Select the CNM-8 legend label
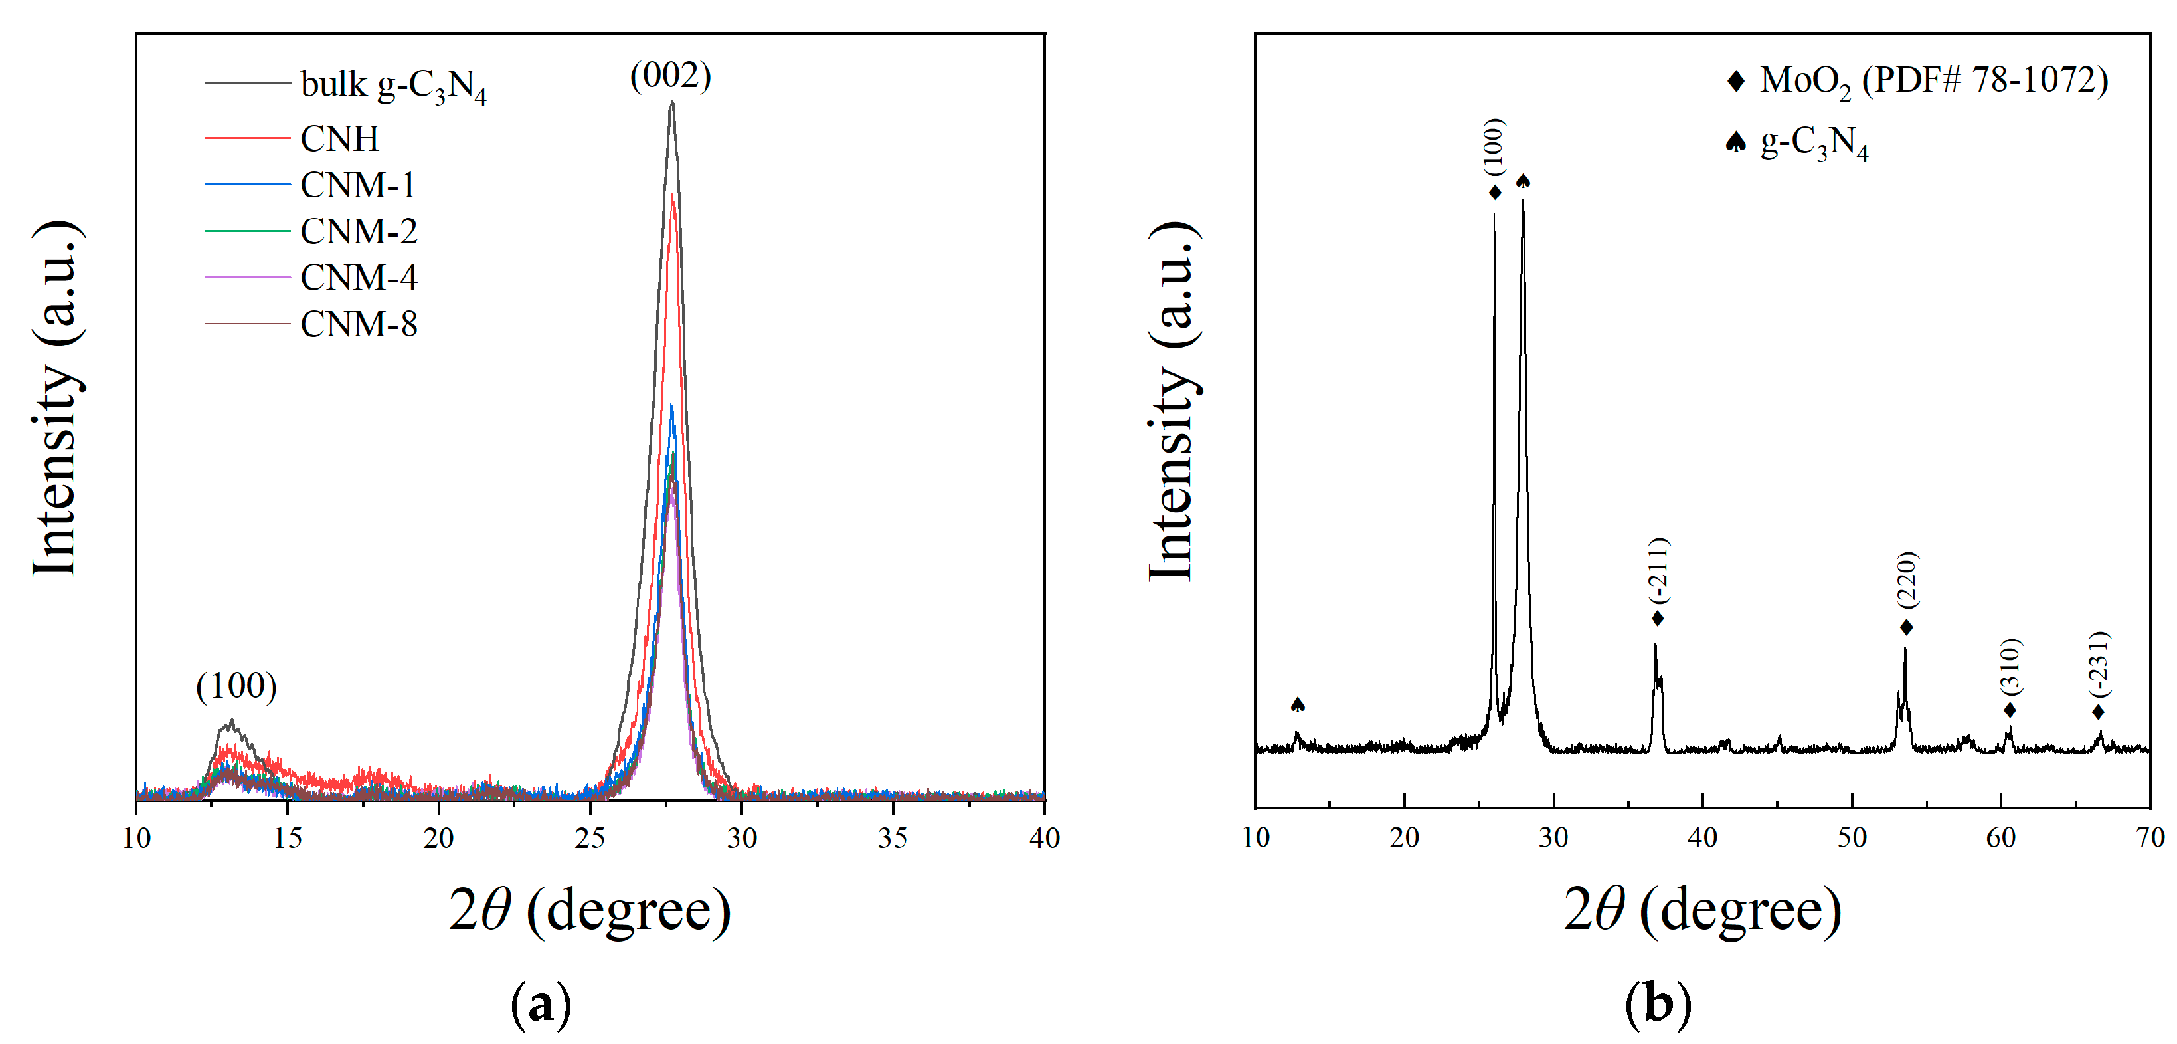pos(359,324)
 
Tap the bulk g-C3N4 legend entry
pos(393,85)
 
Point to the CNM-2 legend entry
pos(359,231)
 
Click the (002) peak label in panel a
pos(670,76)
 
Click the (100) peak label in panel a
pos(236,686)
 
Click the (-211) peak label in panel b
pos(1658,571)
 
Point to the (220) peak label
pos(1907,579)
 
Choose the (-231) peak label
pos(2099,664)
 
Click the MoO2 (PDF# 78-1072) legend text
pos(1934,81)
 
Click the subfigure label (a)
pos(541,1004)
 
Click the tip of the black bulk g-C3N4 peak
pos(672,103)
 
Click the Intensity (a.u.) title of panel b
pos(1172,401)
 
